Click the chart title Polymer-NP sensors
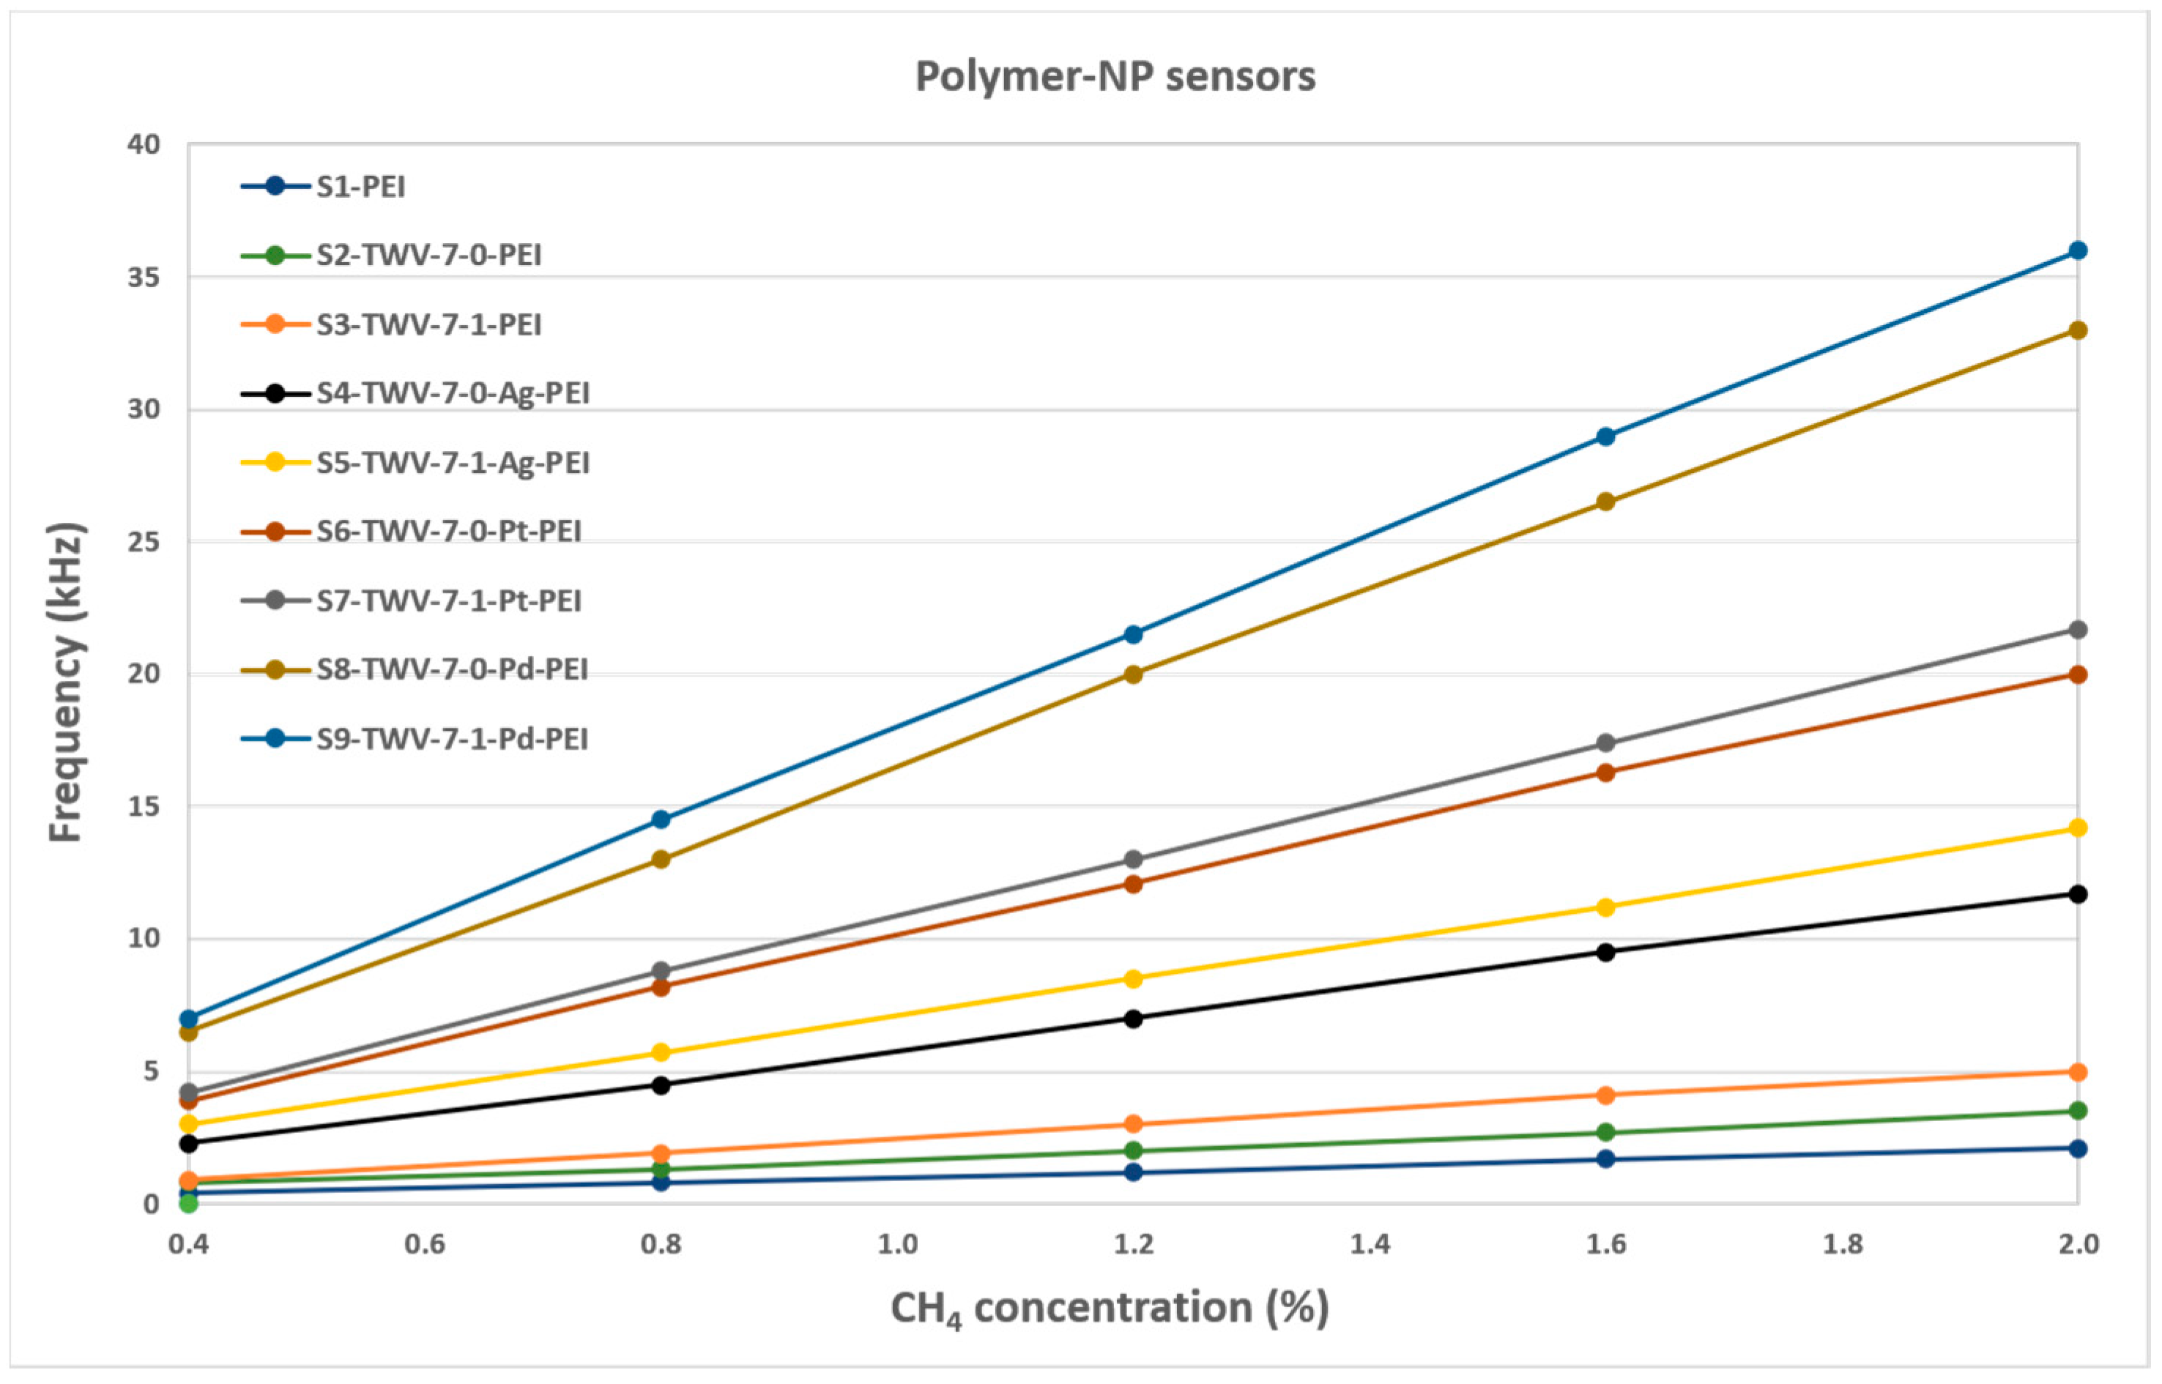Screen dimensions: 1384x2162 (1114, 76)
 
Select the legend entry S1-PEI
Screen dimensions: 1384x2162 (360, 187)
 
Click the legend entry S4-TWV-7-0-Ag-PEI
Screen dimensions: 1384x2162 (452, 394)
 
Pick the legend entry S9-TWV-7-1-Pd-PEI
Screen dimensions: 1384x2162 (452, 739)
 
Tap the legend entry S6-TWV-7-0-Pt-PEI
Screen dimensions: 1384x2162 (448, 531)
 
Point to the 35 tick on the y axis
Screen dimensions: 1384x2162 (144, 277)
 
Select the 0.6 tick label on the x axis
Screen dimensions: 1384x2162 (424, 1245)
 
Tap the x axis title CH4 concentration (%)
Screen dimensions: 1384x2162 (1109, 1309)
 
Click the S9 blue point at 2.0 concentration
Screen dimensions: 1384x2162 (2078, 250)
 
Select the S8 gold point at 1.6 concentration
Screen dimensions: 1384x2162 (1605, 502)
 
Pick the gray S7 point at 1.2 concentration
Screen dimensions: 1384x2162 (1133, 859)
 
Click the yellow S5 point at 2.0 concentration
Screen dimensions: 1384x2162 (2078, 827)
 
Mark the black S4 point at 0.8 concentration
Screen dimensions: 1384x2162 (661, 1084)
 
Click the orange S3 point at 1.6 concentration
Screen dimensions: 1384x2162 (1605, 1095)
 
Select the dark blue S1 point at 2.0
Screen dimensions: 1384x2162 (2078, 1148)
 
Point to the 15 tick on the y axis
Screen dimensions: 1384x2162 (144, 806)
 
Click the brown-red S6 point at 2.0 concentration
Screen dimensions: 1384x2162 (2078, 674)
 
